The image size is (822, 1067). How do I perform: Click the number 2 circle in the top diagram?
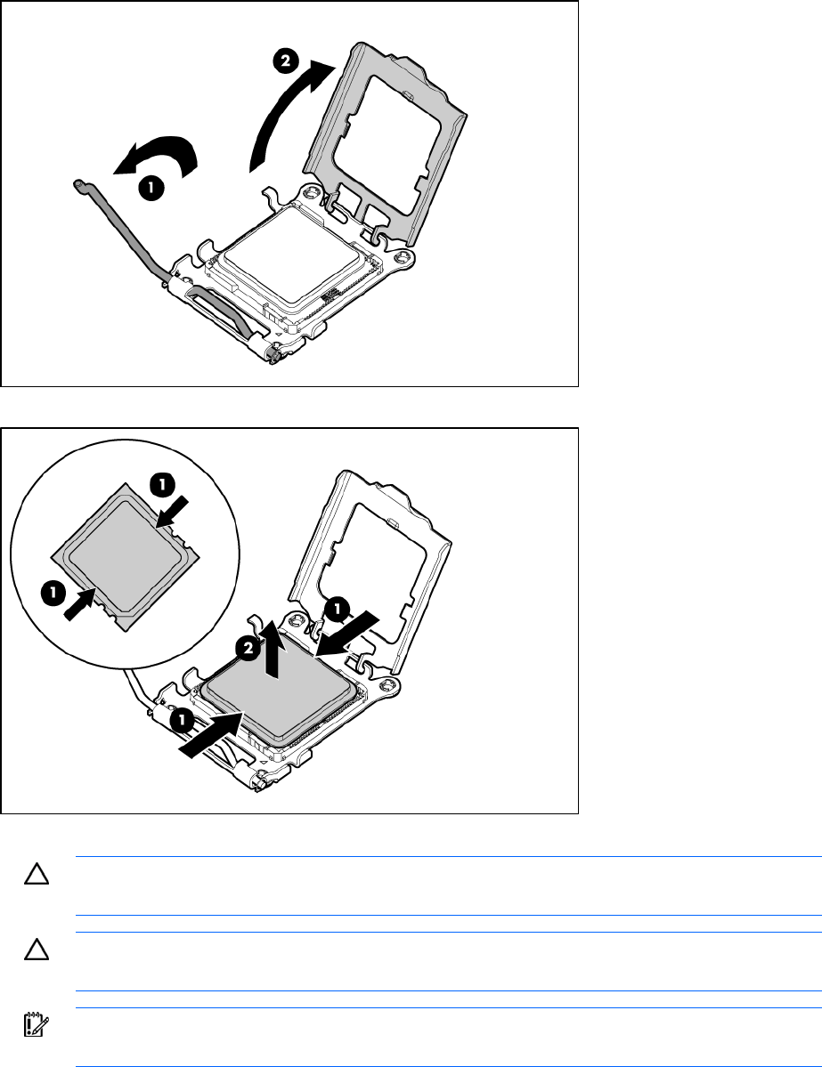pyautogui.click(x=285, y=61)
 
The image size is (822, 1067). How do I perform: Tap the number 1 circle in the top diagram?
pyautogui.click(x=151, y=187)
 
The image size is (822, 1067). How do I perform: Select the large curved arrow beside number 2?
pyautogui.click(x=289, y=114)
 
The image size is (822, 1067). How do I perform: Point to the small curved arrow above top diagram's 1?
pyautogui.click(x=158, y=156)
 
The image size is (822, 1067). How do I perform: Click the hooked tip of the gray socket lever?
pyautogui.click(x=79, y=183)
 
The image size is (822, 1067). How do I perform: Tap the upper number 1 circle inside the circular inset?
pyautogui.click(x=162, y=485)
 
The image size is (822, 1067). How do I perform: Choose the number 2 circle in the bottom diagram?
pyautogui.click(x=248, y=648)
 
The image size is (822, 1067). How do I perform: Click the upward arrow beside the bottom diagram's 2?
pyautogui.click(x=273, y=649)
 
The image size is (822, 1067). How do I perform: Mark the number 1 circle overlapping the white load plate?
pyautogui.click(x=338, y=609)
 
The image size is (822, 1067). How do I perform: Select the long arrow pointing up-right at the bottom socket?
pyautogui.click(x=211, y=733)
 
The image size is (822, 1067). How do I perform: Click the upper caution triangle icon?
pyautogui.click(x=37, y=875)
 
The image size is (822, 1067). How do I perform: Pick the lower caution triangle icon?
pyautogui.click(x=37, y=950)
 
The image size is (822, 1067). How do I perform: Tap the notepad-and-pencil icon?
pyautogui.click(x=37, y=1024)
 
